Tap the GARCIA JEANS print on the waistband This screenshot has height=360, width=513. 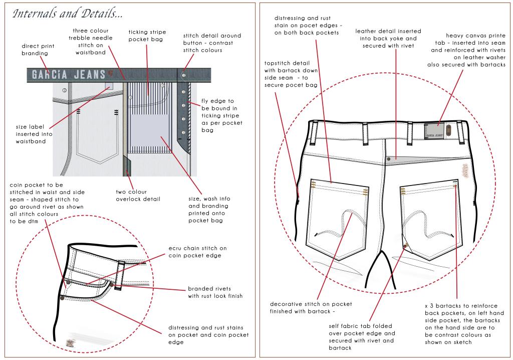pyautogui.click(x=69, y=75)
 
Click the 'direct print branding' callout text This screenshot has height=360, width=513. pyautogui.click(x=38, y=50)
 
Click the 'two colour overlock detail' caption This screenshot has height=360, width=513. pyautogui.click(x=138, y=195)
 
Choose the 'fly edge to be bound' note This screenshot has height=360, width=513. pyautogui.click(x=221, y=115)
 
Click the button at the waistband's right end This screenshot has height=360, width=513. pyautogui.click(x=184, y=74)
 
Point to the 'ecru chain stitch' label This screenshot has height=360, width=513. pyautogui.click(x=197, y=252)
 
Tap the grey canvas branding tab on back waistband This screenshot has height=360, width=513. pyautogui.click(x=434, y=131)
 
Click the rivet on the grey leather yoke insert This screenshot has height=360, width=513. pyautogui.click(x=389, y=158)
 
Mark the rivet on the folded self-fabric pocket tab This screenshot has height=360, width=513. pyautogui.click(x=405, y=246)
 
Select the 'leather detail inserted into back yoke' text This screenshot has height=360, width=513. pyautogui.click(x=388, y=39)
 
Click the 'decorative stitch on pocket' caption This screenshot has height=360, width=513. pyautogui.click(x=311, y=308)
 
